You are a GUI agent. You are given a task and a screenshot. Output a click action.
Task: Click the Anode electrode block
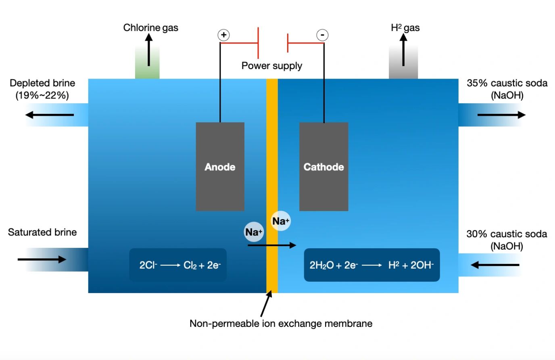(x=220, y=166)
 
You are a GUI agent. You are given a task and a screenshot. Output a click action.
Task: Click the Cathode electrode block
(x=323, y=166)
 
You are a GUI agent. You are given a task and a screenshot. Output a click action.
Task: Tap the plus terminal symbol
(x=223, y=35)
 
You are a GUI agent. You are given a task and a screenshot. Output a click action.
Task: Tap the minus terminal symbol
(x=322, y=35)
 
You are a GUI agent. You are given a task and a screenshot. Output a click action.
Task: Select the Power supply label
(x=271, y=65)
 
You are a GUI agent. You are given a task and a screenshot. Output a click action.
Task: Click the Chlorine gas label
(x=150, y=27)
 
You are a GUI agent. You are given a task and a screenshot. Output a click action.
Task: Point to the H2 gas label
(x=405, y=27)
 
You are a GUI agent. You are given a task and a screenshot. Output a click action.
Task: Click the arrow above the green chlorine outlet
(x=149, y=50)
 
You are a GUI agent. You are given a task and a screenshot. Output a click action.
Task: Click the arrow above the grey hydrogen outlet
(x=403, y=50)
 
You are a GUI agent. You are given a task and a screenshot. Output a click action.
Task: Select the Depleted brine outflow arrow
(x=49, y=115)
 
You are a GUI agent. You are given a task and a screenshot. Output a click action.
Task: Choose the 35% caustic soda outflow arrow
(x=501, y=115)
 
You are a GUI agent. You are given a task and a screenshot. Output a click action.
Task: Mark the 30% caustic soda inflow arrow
(x=495, y=265)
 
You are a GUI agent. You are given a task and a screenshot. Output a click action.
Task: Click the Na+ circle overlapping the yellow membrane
(x=280, y=221)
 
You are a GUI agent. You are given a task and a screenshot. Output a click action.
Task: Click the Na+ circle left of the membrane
(x=254, y=232)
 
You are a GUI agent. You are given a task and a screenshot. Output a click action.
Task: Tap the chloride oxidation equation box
(x=178, y=265)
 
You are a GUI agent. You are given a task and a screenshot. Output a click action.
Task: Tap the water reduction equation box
(x=371, y=265)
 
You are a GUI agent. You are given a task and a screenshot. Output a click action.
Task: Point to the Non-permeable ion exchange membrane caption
(x=281, y=323)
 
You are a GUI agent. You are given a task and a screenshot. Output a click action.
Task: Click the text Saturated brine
(x=42, y=232)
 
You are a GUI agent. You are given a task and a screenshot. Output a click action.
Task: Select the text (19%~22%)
(x=42, y=95)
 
